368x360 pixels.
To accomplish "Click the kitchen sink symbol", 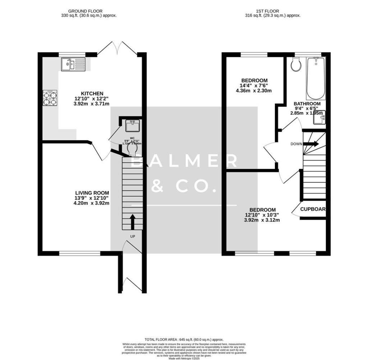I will coord(73,65).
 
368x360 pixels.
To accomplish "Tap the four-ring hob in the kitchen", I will coord(50,98).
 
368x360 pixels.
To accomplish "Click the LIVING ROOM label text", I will coord(92,193).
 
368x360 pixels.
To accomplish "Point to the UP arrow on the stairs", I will coord(132,222).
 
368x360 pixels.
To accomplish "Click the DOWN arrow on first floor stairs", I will coord(312,144).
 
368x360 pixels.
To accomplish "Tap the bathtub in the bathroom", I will coord(316,78).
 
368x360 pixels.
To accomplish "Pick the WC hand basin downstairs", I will coord(132,126).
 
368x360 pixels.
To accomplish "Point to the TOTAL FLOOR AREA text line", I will coord(184,339).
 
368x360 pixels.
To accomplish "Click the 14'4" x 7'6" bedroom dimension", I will coord(254,85).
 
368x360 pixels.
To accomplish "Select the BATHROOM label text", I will coord(305,104).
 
